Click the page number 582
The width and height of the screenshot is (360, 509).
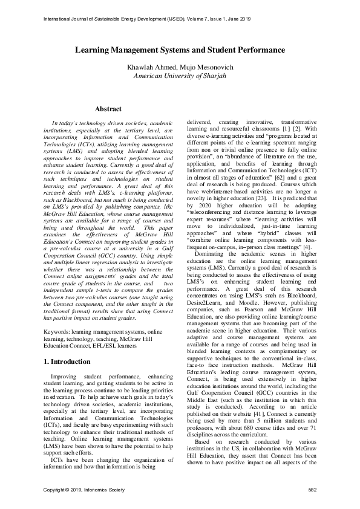(x=313, y=488)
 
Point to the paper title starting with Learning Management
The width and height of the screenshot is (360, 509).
(x=179, y=50)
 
